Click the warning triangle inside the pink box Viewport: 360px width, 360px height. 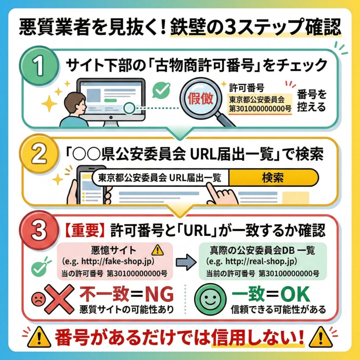(156, 251)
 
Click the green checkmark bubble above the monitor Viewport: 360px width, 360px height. (161, 90)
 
